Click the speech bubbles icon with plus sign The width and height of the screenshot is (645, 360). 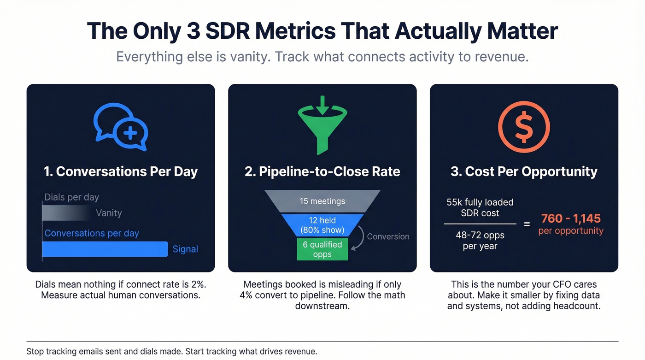click(121, 127)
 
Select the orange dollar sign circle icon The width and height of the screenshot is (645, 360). click(524, 127)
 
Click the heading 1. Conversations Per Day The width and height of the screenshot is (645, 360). click(121, 171)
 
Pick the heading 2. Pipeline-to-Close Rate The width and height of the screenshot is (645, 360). click(322, 171)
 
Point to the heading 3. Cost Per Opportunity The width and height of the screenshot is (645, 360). click(524, 171)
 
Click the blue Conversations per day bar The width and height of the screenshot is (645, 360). click(105, 249)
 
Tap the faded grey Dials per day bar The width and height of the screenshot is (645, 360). click(67, 213)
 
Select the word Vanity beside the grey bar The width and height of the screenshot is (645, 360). click(109, 213)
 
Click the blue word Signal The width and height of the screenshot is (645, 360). click(185, 249)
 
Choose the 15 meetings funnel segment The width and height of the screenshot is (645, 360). click(322, 201)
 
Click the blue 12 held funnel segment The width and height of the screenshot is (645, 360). click(322, 225)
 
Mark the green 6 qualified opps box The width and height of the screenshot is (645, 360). click(322, 249)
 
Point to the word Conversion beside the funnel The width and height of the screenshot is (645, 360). click(388, 236)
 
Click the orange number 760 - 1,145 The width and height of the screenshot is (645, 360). click(571, 218)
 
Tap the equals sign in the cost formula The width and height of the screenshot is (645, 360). click(527, 224)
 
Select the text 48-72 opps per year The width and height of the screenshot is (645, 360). click(480, 241)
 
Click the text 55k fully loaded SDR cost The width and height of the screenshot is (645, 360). click(480, 207)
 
